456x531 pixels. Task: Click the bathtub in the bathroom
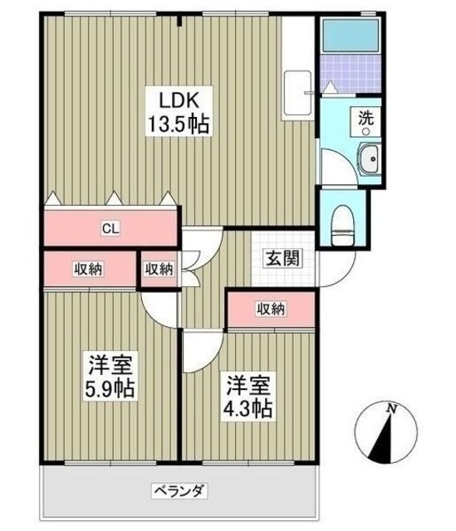(348, 34)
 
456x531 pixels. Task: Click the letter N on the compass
(390, 407)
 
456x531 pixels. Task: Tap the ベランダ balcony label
(179, 490)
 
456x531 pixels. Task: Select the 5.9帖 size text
(109, 387)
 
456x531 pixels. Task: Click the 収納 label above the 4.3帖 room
(271, 309)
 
